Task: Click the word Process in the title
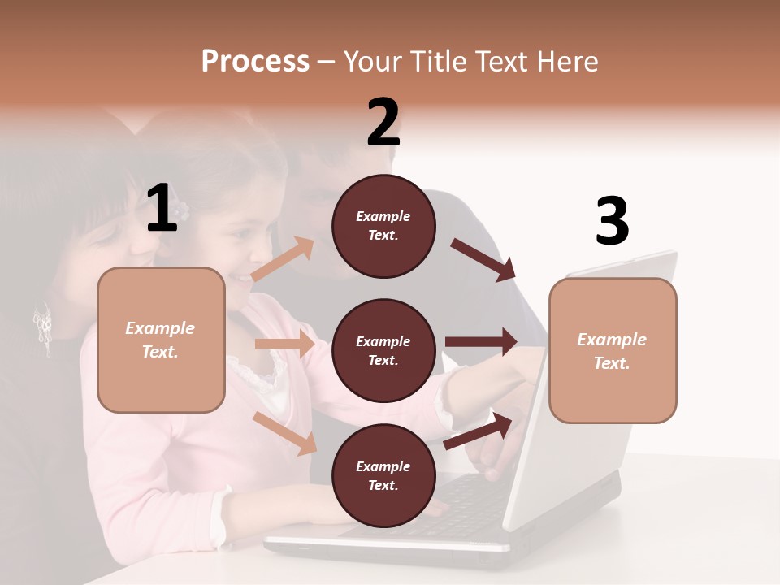coord(255,61)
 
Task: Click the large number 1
coord(162,209)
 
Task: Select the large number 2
coord(383,123)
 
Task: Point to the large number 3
coord(612,222)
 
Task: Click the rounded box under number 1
coord(161,340)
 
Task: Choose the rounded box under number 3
coord(613,350)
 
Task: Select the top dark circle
coord(383,226)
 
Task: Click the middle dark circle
coord(383,350)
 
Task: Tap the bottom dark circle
coord(383,475)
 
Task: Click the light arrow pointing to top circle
coord(283,258)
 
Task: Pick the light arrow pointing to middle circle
coord(284,344)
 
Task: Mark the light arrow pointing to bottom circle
coord(285,433)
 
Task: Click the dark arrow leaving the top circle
coord(483,259)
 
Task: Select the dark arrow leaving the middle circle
coord(481,342)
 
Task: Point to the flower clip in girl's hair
coord(184,210)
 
